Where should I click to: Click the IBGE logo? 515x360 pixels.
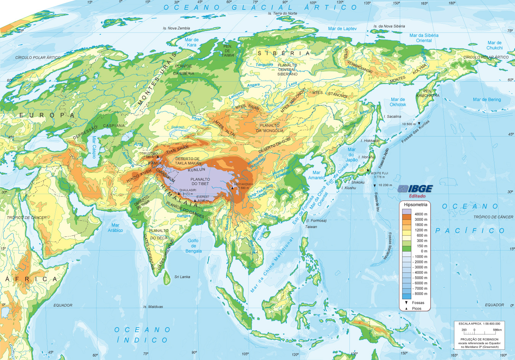click(x=415, y=189)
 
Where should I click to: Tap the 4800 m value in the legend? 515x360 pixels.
click(x=421, y=214)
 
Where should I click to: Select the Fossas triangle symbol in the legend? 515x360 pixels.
click(x=406, y=302)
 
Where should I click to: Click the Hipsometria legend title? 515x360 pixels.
click(x=415, y=205)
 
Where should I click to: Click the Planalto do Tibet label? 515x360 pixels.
click(x=200, y=182)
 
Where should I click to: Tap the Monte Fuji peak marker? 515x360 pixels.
click(x=368, y=170)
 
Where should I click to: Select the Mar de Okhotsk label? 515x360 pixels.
click(x=398, y=102)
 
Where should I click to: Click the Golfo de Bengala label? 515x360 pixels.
click(x=193, y=246)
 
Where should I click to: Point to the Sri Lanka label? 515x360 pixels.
click(x=182, y=277)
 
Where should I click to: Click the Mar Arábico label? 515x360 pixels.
click(x=115, y=228)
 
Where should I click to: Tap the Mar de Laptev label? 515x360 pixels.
click(x=342, y=29)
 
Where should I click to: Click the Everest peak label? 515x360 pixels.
click(x=203, y=197)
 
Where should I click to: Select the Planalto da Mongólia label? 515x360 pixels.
click(x=270, y=128)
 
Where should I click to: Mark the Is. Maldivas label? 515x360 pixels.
click(x=153, y=307)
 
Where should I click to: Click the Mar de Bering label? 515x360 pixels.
click(x=487, y=100)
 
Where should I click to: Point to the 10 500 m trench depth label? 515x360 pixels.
click(x=409, y=124)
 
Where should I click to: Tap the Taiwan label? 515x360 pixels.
click(x=311, y=227)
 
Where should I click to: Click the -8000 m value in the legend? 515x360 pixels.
click(x=420, y=294)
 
